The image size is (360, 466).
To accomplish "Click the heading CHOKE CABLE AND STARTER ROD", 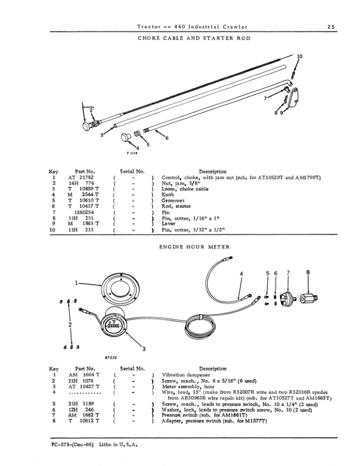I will click(192, 38).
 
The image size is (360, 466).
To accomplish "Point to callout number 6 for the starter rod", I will click(166, 138).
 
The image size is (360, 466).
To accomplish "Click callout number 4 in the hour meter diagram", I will click(241, 274).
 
